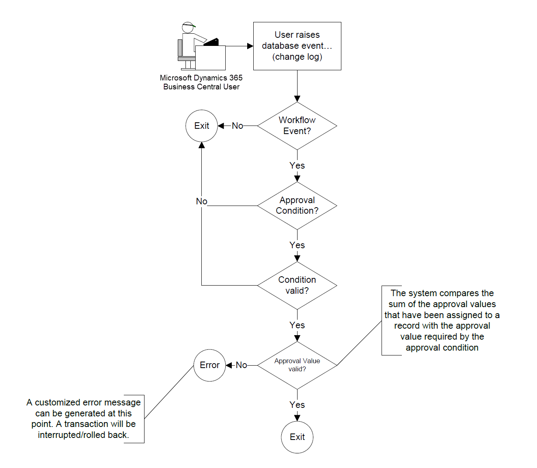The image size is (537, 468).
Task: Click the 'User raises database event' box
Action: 297,46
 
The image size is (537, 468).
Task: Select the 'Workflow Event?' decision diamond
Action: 297,126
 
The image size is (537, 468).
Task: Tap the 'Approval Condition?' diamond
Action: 297,206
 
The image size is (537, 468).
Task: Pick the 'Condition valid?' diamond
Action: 297,285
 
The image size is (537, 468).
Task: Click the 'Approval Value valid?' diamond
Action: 297,365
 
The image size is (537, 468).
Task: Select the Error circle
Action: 209,365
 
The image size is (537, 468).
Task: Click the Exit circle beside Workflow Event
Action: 202,126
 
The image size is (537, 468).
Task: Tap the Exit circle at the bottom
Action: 297,437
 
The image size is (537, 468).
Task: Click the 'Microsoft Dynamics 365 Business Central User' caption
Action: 201,82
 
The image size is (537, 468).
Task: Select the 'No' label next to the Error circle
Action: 242,365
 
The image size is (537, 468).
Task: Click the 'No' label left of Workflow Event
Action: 237,126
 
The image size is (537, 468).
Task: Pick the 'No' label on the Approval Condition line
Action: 202,201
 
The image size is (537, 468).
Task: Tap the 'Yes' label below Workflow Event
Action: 297,166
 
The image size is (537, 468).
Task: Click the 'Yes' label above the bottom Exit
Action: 297,405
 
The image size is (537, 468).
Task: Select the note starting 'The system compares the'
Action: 442,320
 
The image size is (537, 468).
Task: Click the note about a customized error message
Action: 84,418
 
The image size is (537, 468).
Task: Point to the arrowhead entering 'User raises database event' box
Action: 250,46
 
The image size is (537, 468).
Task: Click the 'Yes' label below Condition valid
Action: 297,325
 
